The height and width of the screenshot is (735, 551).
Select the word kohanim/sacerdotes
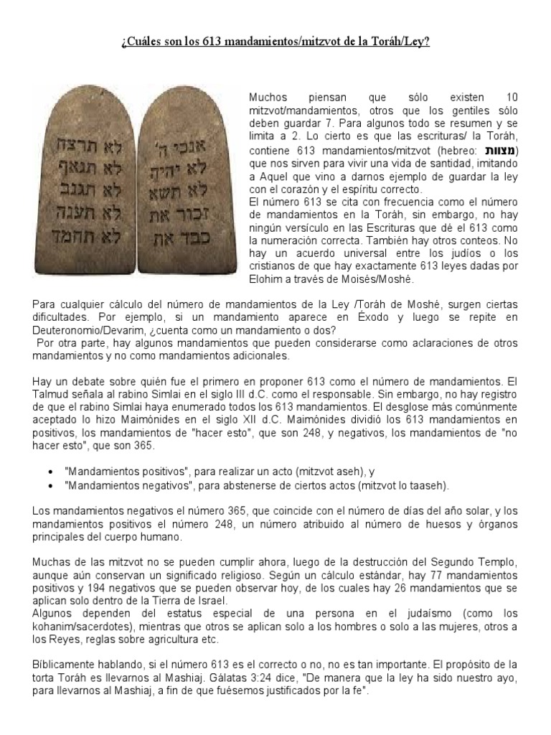pyautogui.click(x=103, y=626)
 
